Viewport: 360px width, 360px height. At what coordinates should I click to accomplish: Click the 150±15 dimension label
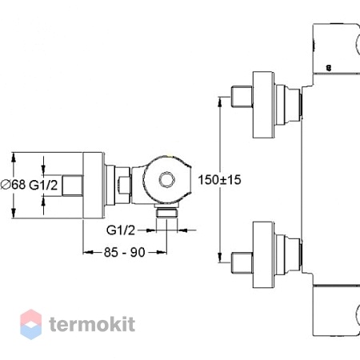[219, 180]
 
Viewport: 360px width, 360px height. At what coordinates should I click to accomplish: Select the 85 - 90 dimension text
[125, 252]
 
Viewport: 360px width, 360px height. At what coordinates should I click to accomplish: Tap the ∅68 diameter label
[14, 184]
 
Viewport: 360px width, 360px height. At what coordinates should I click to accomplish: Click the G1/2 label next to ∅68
[43, 185]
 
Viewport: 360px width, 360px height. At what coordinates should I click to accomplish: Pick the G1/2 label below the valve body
[121, 230]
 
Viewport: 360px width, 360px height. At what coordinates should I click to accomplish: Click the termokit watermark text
[92, 324]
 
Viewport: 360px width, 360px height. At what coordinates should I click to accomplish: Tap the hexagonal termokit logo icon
[31, 324]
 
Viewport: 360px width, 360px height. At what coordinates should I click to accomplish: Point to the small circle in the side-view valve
[167, 179]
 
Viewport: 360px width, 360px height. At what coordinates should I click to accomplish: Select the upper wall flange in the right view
[263, 105]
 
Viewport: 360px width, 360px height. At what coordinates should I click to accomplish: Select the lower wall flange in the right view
[263, 254]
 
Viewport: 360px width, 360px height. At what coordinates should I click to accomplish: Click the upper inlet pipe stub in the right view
[242, 97]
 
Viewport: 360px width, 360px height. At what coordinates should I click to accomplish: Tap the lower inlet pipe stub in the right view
[242, 262]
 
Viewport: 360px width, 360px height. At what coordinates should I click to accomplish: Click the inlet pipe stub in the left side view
[73, 186]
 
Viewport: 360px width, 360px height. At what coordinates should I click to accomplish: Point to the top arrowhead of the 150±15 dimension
[220, 102]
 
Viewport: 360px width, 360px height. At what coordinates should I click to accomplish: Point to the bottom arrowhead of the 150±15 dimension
[220, 258]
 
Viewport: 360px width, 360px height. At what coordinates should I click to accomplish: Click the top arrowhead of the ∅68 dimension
[14, 158]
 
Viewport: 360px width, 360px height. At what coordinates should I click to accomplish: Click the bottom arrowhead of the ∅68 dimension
[14, 213]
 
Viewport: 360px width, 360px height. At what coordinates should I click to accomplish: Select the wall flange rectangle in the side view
[93, 186]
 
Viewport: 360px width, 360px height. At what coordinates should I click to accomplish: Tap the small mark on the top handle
[329, 68]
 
